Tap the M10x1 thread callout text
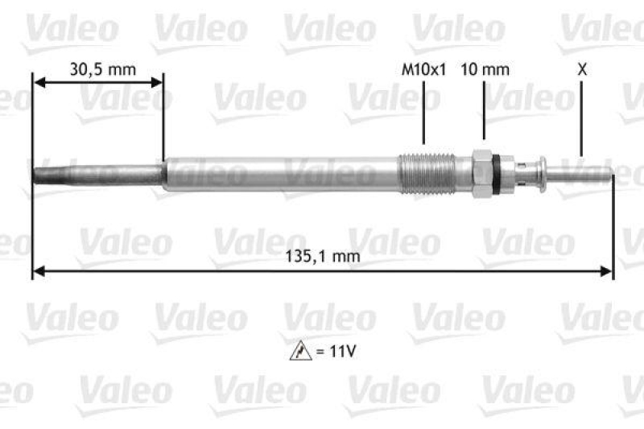[x=423, y=69]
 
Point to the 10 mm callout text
[x=485, y=69]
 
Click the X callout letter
[x=582, y=69]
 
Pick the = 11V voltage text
[x=332, y=352]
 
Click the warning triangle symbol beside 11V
[x=299, y=352]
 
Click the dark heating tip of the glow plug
[x=97, y=173]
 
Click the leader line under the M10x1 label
[x=423, y=113]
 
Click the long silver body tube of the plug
[x=282, y=173]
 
